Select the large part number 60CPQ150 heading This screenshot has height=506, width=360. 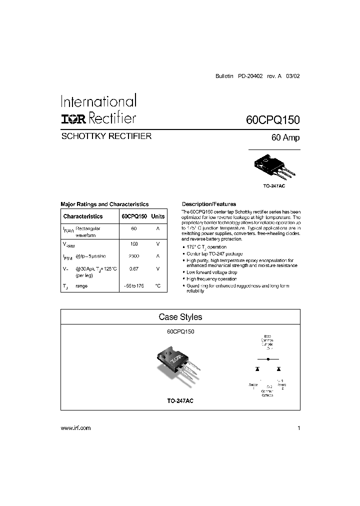point(272,120)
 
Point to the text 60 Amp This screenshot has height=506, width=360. point(285,138)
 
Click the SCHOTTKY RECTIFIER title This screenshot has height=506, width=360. point(105,136)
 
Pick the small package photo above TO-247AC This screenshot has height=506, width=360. point(274,167)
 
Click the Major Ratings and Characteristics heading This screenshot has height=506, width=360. point(104,204)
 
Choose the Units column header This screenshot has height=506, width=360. point(158,216)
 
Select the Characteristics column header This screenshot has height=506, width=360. point(83,216)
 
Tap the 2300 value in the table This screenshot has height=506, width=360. point(133,256)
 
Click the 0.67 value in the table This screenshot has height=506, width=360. point(133,268)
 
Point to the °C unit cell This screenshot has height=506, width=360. point(157,286)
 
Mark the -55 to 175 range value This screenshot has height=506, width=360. point(133,286)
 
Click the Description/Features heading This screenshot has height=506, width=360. point(209,204)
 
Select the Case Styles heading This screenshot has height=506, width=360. point(180,317)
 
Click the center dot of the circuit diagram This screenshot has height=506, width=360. point(268,359)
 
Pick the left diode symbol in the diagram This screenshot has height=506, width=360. point(257,369)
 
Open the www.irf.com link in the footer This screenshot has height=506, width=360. point(75,428)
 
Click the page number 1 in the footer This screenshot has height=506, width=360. point(298,428)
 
